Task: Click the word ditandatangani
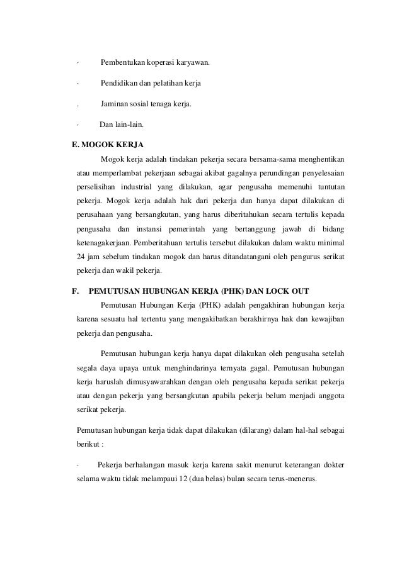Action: point(246,256)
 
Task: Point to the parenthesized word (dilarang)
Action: point(256,431)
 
